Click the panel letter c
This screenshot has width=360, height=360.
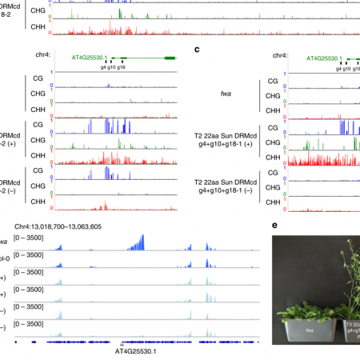[x=198, y=50]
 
